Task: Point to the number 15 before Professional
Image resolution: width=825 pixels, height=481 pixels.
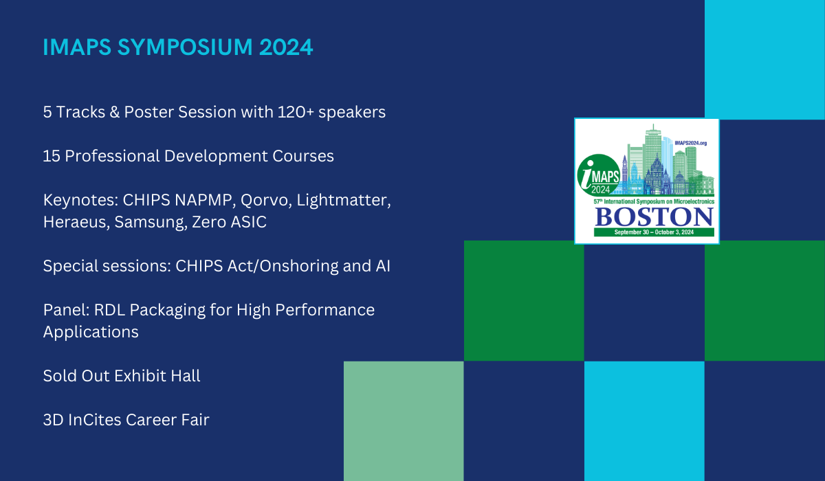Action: pyautogui.click(x=51, y=156)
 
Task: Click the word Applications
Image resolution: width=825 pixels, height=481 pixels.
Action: pyautogui.click(x=91, y=332)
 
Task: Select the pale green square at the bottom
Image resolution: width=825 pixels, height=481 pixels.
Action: pyautogui.click(x=404, y=421)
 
